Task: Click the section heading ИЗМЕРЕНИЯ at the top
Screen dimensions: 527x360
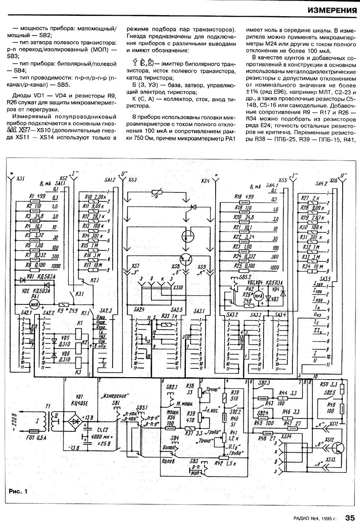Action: (332, 10)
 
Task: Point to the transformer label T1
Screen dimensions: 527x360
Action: (47, 407)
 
